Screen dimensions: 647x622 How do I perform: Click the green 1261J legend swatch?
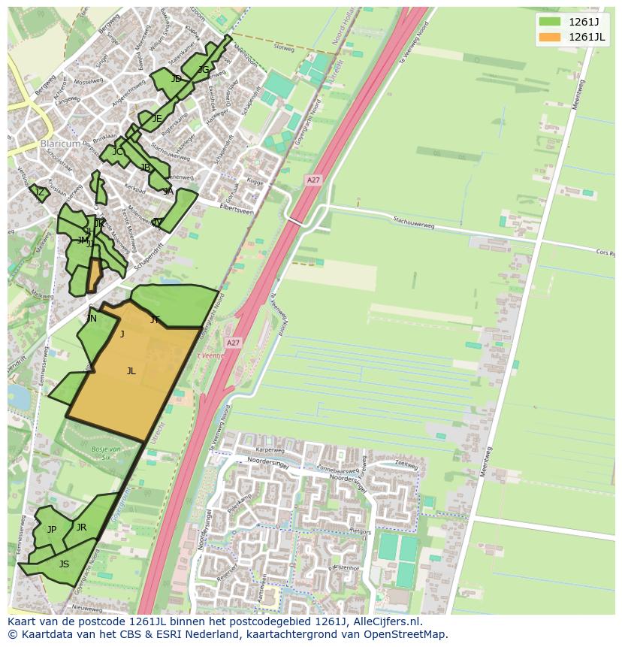tap(550, 21)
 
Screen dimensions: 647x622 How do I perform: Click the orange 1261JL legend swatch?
tap(550, 37)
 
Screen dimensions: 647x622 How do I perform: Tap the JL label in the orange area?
tap(131, 370)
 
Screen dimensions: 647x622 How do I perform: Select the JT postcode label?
tap(155, 320)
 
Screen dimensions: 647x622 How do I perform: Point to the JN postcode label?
tap(92, 319)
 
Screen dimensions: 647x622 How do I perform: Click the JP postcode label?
tap(52, 529)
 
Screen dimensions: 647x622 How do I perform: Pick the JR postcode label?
tap(81, 528)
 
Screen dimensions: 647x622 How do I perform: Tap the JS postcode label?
tap(64, 564)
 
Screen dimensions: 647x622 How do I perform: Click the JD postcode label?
tap(176, 79)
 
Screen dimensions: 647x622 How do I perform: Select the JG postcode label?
tap(204, 70)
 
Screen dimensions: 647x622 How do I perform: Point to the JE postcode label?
tap(157, 118)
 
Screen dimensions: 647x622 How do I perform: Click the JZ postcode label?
tap(40, 192)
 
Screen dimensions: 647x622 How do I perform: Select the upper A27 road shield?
tap(313, 180)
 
